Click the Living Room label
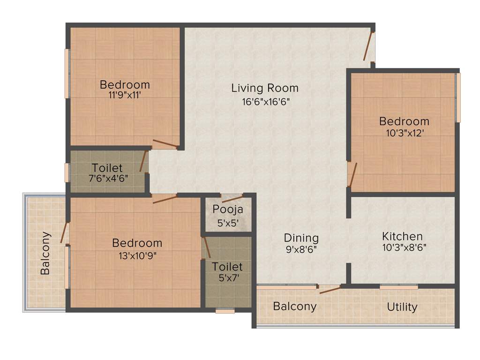(265, 88)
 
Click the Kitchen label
(402, 236)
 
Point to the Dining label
(301, 238)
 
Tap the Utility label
(402, 307)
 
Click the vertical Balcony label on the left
(45, 253)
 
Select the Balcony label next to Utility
(295, 307)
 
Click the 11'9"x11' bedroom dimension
(125, 94)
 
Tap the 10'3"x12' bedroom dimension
(404, 133)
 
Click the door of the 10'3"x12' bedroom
(352, 174)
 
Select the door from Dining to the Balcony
(330, 289)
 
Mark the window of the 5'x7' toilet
(225, 310)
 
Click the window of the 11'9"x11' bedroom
(67, 74)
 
